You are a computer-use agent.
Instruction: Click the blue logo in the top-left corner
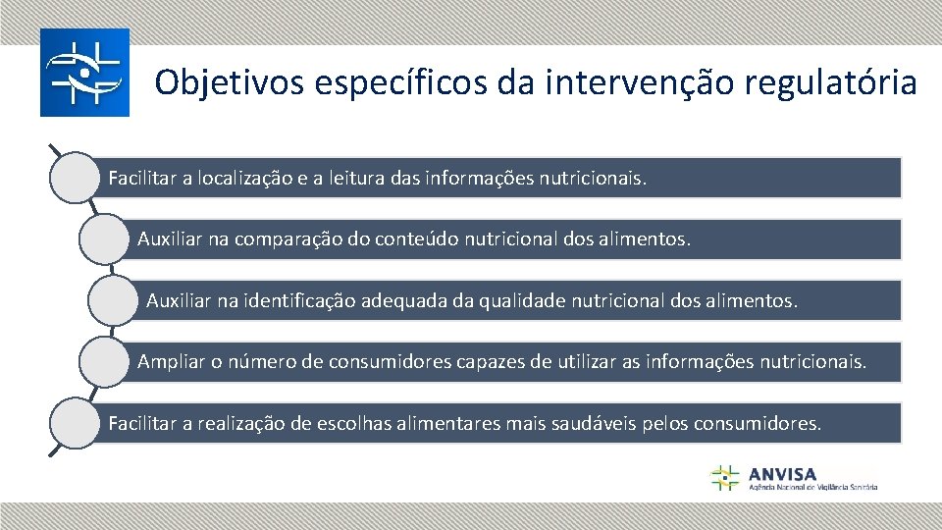[x=84, y=73]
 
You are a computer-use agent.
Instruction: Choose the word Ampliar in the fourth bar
[x=169, y=362]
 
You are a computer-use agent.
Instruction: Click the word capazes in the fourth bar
[x=488, y=362]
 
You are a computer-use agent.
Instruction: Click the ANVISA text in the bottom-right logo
[x=781, y=473]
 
